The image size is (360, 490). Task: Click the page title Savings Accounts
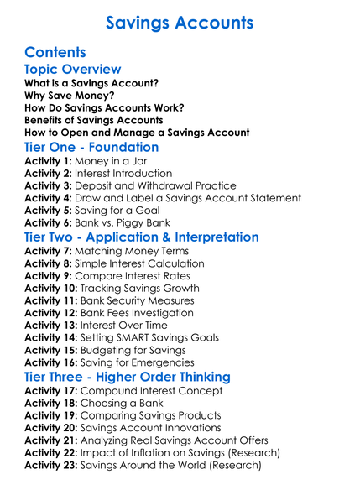coord(180,22)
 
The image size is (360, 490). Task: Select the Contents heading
coord(55,52)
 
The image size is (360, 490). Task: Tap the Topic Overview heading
coord(73,70)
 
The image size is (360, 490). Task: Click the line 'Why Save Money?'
coord(70,96)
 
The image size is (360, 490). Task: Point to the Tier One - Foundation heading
coord(91,147)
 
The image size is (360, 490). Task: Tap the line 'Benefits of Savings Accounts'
coord(93,120)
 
